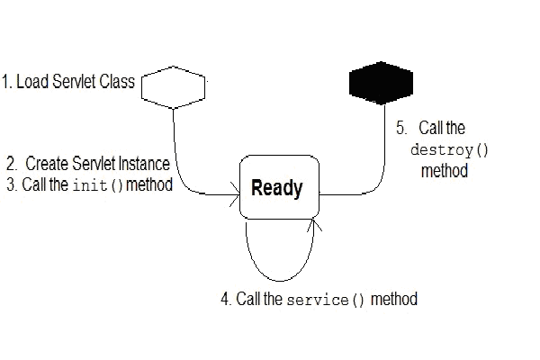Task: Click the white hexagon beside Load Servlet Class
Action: point(175,86)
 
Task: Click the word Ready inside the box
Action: point(276,189)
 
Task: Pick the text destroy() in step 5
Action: point(444,149)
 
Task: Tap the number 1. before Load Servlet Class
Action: point(7,83)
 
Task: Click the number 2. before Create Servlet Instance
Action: point(12,164)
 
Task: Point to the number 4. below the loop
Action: point(226,299)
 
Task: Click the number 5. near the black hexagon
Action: point(401,129)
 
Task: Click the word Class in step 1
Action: point(117,83)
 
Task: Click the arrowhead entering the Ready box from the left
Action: point(235,193)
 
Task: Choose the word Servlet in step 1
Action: point(75,83)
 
